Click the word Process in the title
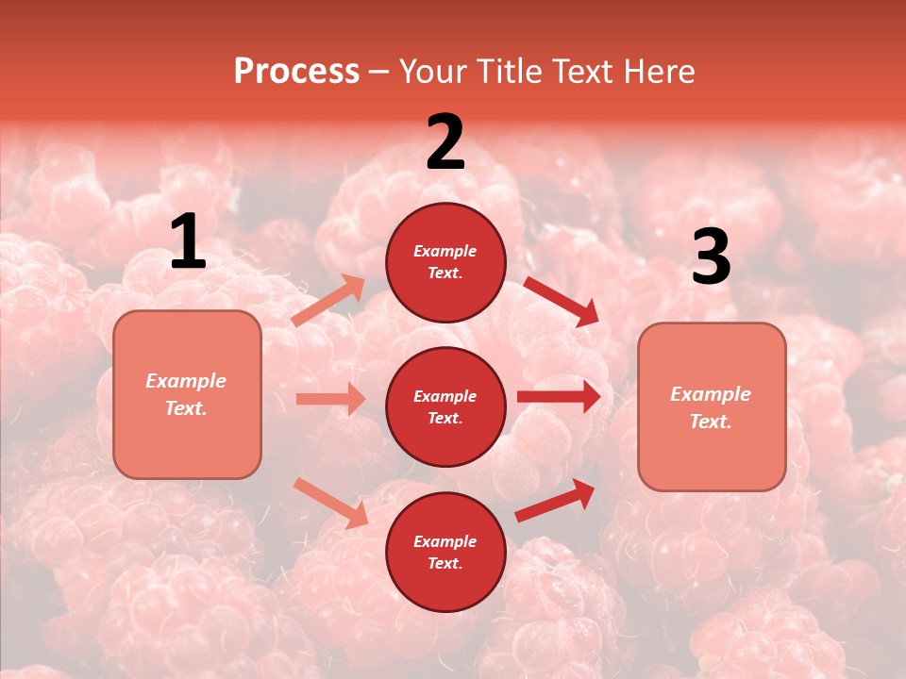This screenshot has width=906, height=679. [x=296, y=72]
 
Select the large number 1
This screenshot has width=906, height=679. [x=188, y=241]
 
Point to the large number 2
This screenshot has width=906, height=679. [x=445, y=141]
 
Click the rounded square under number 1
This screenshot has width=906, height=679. [x=187, y=394]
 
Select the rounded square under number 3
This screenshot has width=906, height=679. [x=712, y=407]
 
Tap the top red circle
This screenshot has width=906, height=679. [x=445, y=262]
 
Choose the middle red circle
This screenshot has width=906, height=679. [x=445, y=406]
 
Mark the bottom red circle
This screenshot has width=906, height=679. [x=445, y=552]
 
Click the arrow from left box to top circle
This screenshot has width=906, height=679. [x=328, y=301]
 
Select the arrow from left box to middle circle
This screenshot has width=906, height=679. [x=330, y=399]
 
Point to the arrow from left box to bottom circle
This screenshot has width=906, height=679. [x=330, y=503]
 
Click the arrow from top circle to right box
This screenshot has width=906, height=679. [x=561, y=301]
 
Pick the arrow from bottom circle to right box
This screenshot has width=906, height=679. [x=555, y=501]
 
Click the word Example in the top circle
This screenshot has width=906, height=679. [x=445, y=252]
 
